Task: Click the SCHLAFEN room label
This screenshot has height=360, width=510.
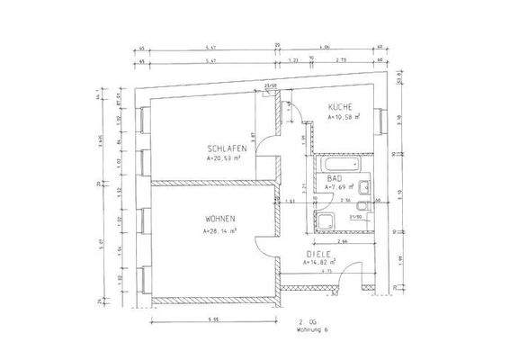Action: pos(226,148)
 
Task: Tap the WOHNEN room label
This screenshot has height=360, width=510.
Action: pos(220,220)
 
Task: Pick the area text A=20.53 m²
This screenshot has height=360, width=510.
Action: pos(228,158)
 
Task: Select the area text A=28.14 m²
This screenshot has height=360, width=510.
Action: pos(221,231)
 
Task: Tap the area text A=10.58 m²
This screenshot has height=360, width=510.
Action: pos(343,117)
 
